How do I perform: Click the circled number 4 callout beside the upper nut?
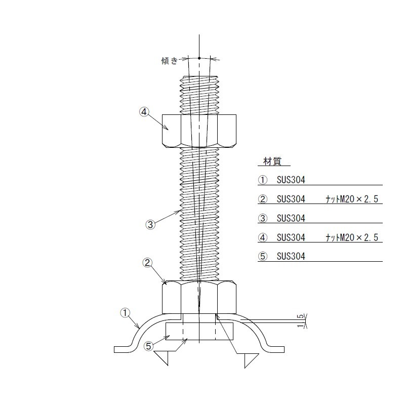coord(144,112)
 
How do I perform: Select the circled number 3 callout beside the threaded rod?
coord(150,224)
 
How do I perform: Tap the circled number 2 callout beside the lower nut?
coord(147,263)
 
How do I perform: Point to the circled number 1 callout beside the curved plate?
coord(125,313)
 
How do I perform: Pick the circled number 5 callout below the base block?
coord(148,346)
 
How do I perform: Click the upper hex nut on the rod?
coord(199,131)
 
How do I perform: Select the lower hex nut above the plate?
coord(199,297)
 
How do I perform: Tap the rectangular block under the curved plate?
coord(199,331)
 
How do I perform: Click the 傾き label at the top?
coord(170,61)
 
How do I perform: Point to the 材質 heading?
coord(272,161)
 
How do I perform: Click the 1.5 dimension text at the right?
coord(300,321)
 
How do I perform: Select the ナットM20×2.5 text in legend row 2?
coord(352,199)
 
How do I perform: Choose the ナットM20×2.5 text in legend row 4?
coord(352,237)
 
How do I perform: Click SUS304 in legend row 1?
coord(291,180)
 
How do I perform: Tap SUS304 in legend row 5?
coord(291,257)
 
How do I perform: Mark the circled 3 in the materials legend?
coord(263,218)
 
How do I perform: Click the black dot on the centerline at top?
coord(199,58)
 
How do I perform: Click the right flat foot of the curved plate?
coord(276,349)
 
